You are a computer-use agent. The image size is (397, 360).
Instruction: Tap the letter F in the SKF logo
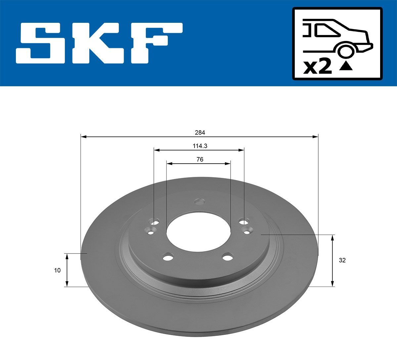(x=155, y=43)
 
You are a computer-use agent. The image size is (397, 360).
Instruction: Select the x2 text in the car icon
(x=318, y=67)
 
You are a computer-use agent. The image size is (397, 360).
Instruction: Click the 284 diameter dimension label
(x=200, y=133)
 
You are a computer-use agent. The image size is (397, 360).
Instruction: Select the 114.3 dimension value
(x=200, y=146)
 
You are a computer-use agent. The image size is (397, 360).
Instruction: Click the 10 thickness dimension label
(x=57, y=270)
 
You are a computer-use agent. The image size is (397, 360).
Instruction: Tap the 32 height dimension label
(x=342, y=260)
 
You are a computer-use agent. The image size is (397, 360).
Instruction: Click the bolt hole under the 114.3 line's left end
(x=154, y=221)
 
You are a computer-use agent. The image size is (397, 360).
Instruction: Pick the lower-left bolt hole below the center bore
(x=168, y=258)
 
